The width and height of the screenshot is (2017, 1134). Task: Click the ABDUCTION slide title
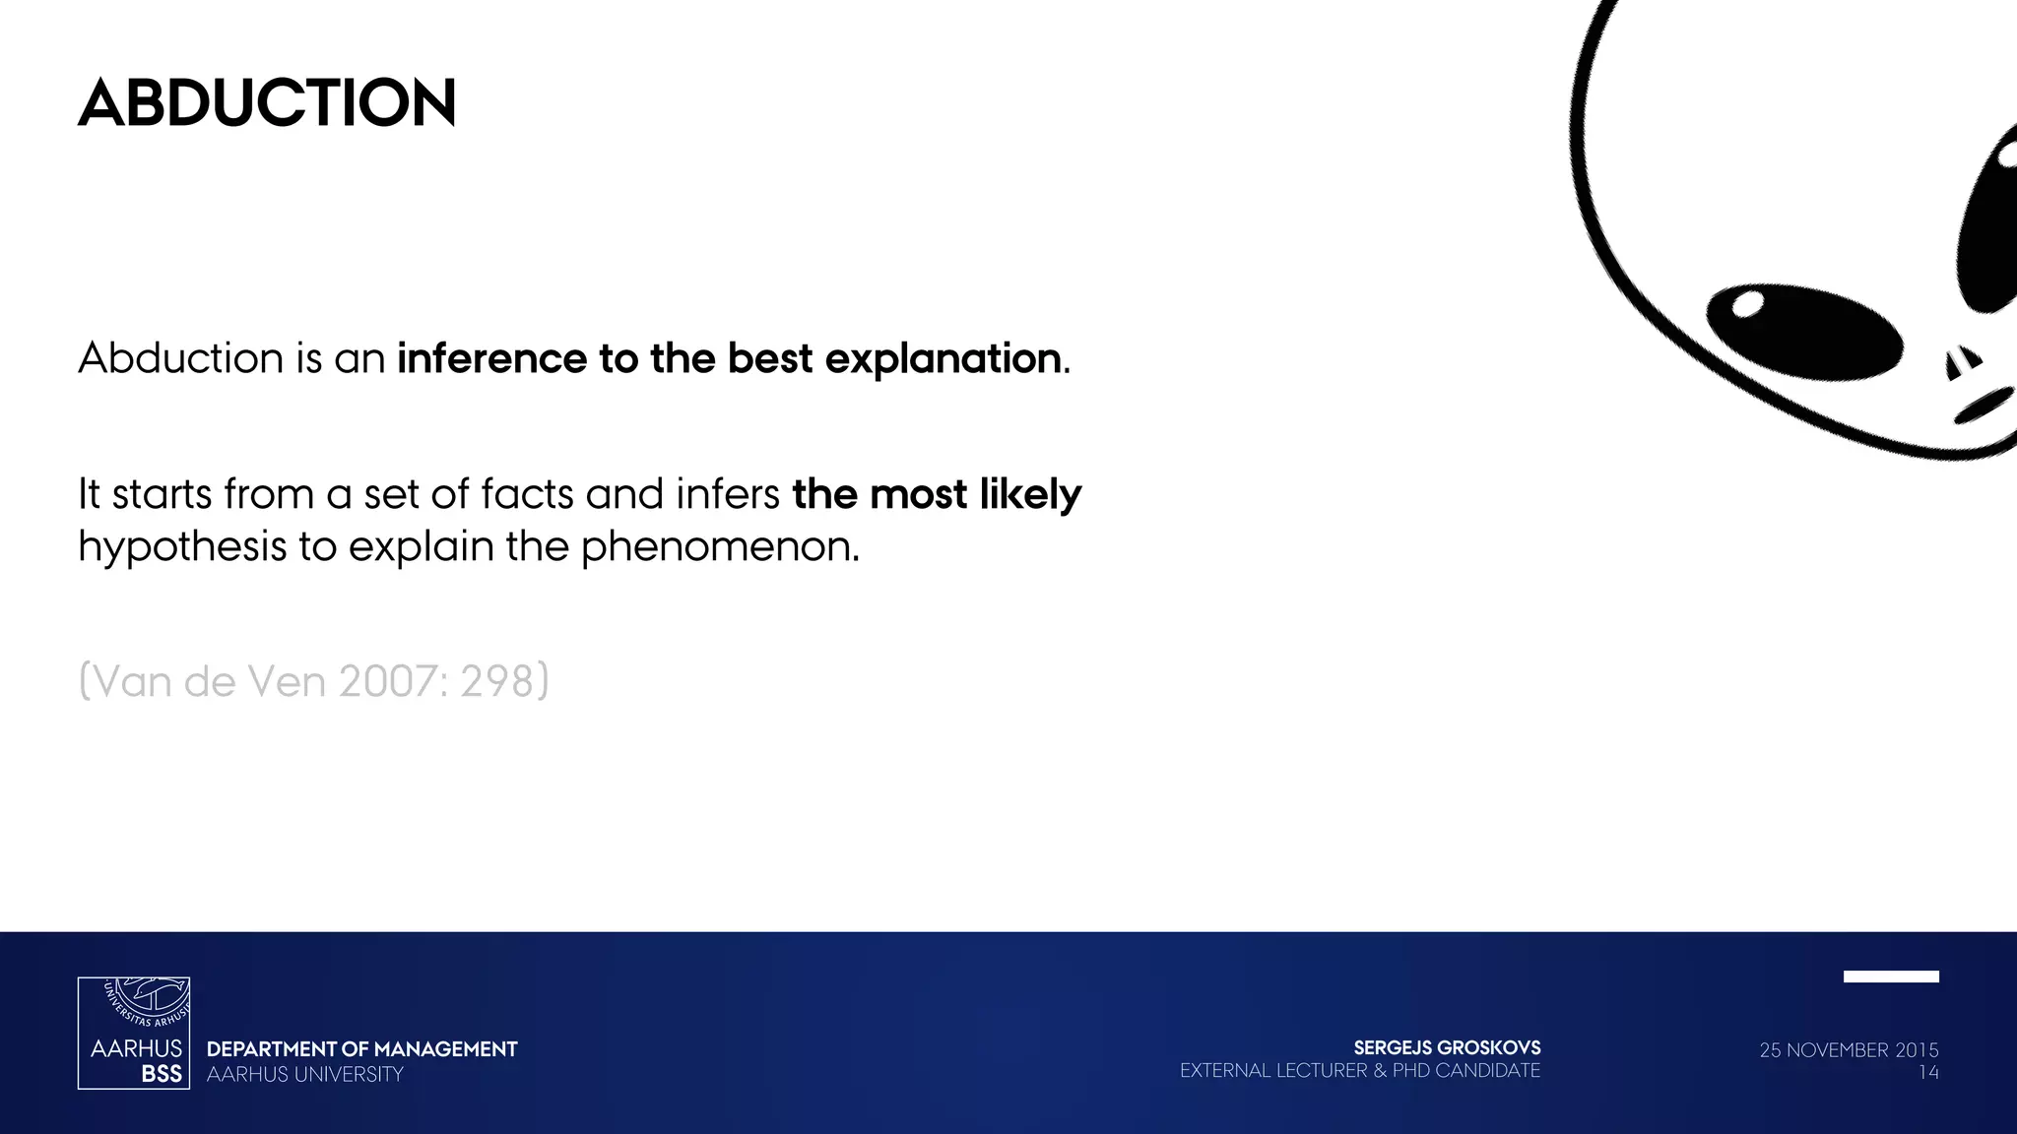tap(267, 103)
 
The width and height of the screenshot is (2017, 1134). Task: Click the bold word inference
tap(490, 358)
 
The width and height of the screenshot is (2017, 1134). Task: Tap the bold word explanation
tap(943, 358)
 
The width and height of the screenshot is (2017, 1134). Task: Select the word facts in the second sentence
tap(527, 494)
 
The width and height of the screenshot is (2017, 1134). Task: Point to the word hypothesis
tap(181, 546)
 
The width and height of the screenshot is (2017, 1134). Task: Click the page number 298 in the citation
tap(496, 681)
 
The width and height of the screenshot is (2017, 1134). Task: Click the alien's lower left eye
tap(1804, 332)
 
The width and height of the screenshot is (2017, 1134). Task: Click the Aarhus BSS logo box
tap(134, 1033)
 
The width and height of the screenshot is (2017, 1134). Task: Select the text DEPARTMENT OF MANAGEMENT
tap(361, 1049)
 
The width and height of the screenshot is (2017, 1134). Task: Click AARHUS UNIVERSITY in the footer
tap(305, 1075)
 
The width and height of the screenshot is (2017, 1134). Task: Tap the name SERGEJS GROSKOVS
tap(1447, 1048)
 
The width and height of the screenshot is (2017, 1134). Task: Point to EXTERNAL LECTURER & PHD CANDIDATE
tap(1359, 1071)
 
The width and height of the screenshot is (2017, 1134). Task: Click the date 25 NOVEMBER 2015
tap(1849, 1050)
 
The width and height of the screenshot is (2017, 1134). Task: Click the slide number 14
tap(1927, 1073)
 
